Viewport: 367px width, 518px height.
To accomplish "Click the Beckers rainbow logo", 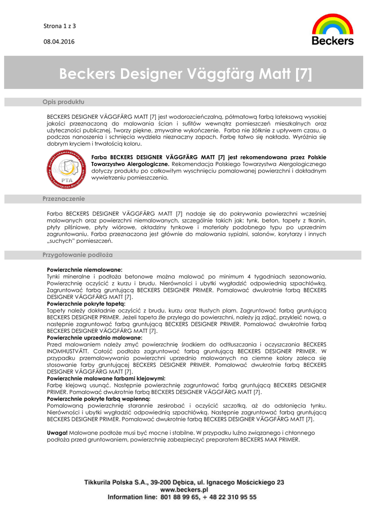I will (333, 29).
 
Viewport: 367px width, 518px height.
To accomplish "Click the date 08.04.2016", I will (59, 41).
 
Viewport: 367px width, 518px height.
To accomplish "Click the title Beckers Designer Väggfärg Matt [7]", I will (185, 74).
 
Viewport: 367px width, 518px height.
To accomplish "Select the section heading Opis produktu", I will (63, 102).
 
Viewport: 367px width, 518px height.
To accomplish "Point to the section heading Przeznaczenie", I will (64, 199).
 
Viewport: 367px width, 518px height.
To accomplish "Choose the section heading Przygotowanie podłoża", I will (77, 254).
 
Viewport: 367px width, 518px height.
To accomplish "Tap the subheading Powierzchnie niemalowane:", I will (85, 270).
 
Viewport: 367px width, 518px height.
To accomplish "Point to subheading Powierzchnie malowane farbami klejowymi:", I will (106, 378).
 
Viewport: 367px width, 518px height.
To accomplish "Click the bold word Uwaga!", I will (57, 433).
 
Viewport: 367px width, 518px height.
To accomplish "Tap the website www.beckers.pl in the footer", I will (184, 490).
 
